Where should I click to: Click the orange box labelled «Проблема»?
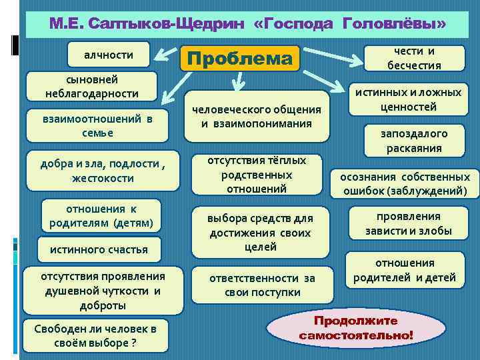click(x=240, y=59)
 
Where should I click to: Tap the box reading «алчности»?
click(x=109, y=55)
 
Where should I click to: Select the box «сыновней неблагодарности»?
click(x=92, y=87)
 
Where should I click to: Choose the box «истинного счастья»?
click(x=99, y=250)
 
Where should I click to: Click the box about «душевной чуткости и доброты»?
click(x=103, y=291)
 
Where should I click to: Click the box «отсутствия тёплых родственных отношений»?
click(x=257, y=175)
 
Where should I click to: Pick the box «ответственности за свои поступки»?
click(x=261, y=285)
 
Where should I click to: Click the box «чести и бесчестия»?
click(x=414, y=58)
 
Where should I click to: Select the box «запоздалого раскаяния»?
click(x=414, y=141)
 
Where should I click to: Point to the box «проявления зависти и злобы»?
click(x=408, y=224)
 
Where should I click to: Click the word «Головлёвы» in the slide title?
click(x=394, y=24)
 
